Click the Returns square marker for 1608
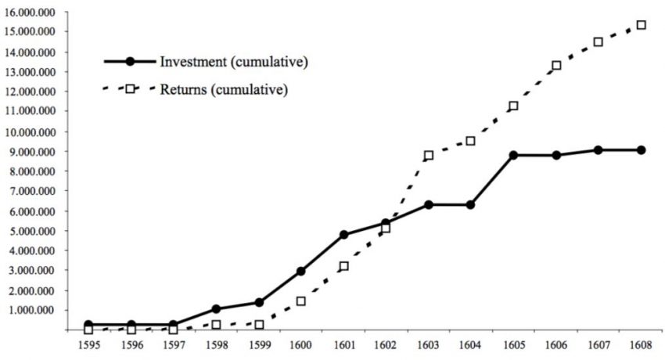pyautogui.click(x=641, y=25)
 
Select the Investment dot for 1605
pyautogui.click(x=513, y=155)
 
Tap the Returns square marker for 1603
pyautogui.click(x=428, y=156)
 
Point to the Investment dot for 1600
pyautogui.click(x=301, y=271)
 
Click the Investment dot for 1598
pyautogui.click(x=216, y=309)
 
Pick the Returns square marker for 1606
pyautogui.click(x=556, y=66)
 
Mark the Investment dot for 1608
pyautogui.click(x=641, y=149)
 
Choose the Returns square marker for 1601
pyautogui.click(x=343, y=266)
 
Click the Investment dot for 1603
pyautogui.click(x=428, y=204)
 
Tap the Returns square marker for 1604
pyautogui.click(x=471, y=141)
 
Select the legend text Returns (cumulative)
pyautogui.click(x=224, y=89)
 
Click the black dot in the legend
pyautogui.click(x=131, y=61)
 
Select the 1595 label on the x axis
pyautogui.click(x=88, y=344)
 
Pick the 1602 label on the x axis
pyautogui.click(x=386, y=344)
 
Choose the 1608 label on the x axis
pyautogui.click(x=641, y=344)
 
